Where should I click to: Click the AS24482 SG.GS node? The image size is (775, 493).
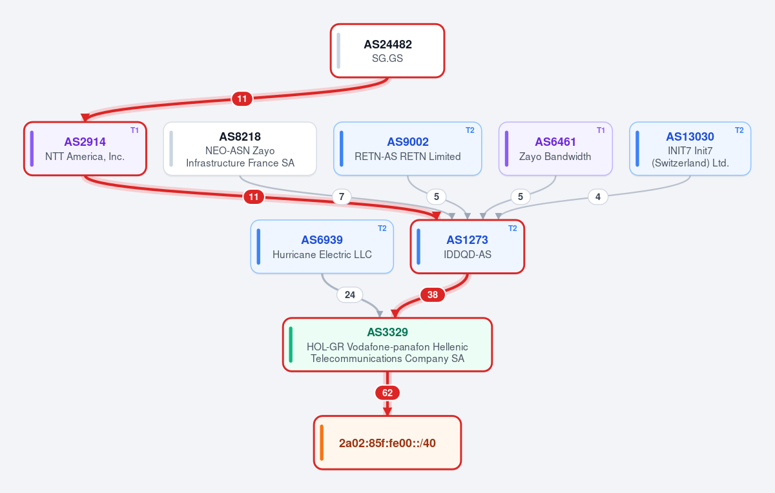pyautogui.click(x=387, y=51)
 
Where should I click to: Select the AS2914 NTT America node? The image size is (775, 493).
pyautogui.click(x=85, y=148)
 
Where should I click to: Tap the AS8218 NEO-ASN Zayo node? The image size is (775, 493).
pyautogui.click(x=240, y=148)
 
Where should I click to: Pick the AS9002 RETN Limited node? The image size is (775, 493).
pyautogui.click(x=408, y=148)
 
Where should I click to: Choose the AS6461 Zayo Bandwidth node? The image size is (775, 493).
pyautogui.click(x=555, y=148)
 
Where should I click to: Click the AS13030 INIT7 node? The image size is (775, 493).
pyautogui.click(x=690, y=148)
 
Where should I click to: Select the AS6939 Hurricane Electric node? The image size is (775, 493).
pyautogui.click(x=322, y=246)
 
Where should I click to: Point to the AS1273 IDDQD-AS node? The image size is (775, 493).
pyautogui.click(x=468, y=246)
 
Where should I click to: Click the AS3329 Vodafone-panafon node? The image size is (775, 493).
pyautogui.click(x=387, y=345)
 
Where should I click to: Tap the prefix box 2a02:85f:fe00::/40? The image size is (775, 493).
pyautogui.click(x=387, y=443)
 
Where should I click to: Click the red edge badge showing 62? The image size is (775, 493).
pyautogui.click(x=387, y=393)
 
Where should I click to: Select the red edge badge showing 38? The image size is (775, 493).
pyautogui.click(x=433, y=295)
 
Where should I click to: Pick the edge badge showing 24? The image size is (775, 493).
pyautogui.click(x=350, y=295)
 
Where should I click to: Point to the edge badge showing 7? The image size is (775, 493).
pyautogui.click(x=342, y=197)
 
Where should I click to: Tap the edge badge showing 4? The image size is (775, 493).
pyautogui.click(x=598, y=197)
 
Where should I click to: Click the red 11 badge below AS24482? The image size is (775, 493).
pyautogui.click(x=242, y=99)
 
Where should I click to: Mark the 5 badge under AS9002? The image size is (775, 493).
pyautogui.click(x=437, y=197)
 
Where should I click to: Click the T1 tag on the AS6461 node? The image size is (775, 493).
pyautogui.click(x=601, y=130)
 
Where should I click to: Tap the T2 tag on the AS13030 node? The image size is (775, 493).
pyautogui.click(x=739, y=130)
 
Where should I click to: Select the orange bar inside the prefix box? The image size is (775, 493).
pyautogui.click(x=322, y=443)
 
